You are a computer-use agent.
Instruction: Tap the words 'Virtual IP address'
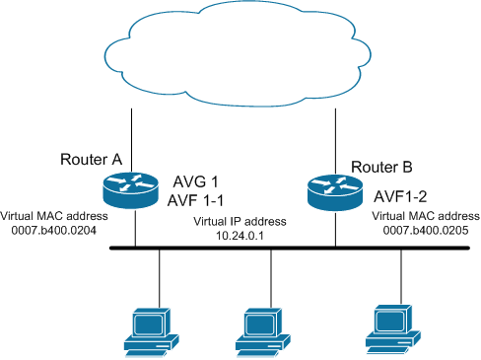pos(234,220)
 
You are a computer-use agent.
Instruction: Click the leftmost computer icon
pos(147,330)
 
